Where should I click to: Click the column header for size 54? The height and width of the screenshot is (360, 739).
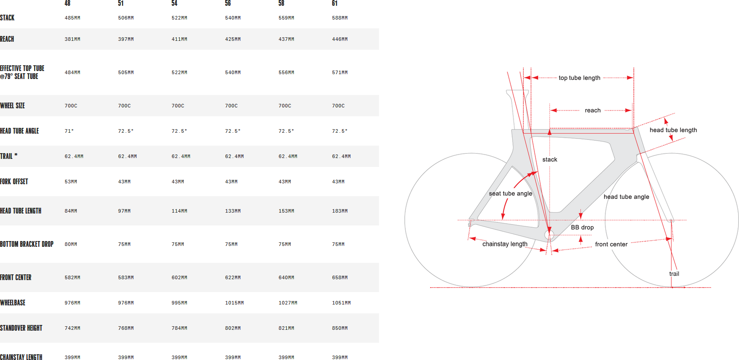(174, 3)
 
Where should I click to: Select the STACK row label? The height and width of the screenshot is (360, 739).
(7, 18)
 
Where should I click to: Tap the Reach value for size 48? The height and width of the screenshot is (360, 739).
(72, 39)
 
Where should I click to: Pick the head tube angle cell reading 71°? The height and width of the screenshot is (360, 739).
(69, 131)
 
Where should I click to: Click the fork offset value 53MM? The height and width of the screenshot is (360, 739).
(71, 182)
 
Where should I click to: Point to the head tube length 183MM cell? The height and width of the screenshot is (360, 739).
(340, 211)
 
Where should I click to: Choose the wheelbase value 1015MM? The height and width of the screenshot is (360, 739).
(234, 303)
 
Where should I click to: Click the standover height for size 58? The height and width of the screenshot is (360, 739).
(286, 328)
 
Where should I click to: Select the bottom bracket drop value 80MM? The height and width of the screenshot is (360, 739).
(71, 244)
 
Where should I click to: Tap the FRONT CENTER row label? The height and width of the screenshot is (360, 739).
(16, 277)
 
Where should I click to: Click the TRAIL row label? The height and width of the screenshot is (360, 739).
(8, 156)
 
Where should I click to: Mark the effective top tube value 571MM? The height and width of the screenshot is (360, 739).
(340, 72)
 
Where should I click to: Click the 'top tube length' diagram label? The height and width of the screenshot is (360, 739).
(579, 78)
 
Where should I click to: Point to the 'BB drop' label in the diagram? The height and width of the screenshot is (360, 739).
(582, 227)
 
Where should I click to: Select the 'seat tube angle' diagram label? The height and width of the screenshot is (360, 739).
(510, 194)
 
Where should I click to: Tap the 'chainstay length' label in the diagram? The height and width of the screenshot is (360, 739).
(505, 244)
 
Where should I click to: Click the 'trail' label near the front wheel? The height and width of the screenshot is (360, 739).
(674, 273)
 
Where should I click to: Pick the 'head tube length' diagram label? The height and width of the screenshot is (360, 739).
(673, 130)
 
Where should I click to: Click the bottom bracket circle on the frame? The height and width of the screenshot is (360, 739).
(549, 235)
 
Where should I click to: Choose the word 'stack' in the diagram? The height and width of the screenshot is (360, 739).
(549, 159)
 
